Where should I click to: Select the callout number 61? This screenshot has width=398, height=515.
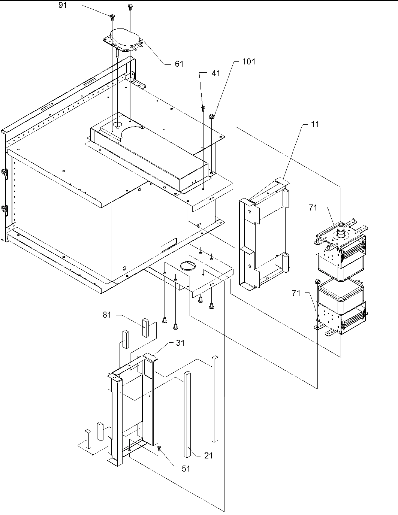point(179,64)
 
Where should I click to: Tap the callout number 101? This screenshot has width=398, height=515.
point(248,61)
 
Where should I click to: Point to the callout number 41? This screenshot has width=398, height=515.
point(216,73)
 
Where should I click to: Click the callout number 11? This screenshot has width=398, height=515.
point(315,124)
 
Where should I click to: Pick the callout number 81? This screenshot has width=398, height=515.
point(107,315)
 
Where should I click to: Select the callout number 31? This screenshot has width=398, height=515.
point(180,343)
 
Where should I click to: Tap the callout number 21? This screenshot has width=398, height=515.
point(208,455)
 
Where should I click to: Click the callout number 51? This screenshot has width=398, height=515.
point(186,468)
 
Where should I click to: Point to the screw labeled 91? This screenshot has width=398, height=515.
point(112,16)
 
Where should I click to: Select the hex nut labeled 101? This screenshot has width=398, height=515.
point(211,116)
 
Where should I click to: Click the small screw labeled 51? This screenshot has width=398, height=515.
point(159,449)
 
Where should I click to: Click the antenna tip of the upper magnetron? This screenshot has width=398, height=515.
point(341,225)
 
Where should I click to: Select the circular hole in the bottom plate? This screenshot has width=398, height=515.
point(188,266)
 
